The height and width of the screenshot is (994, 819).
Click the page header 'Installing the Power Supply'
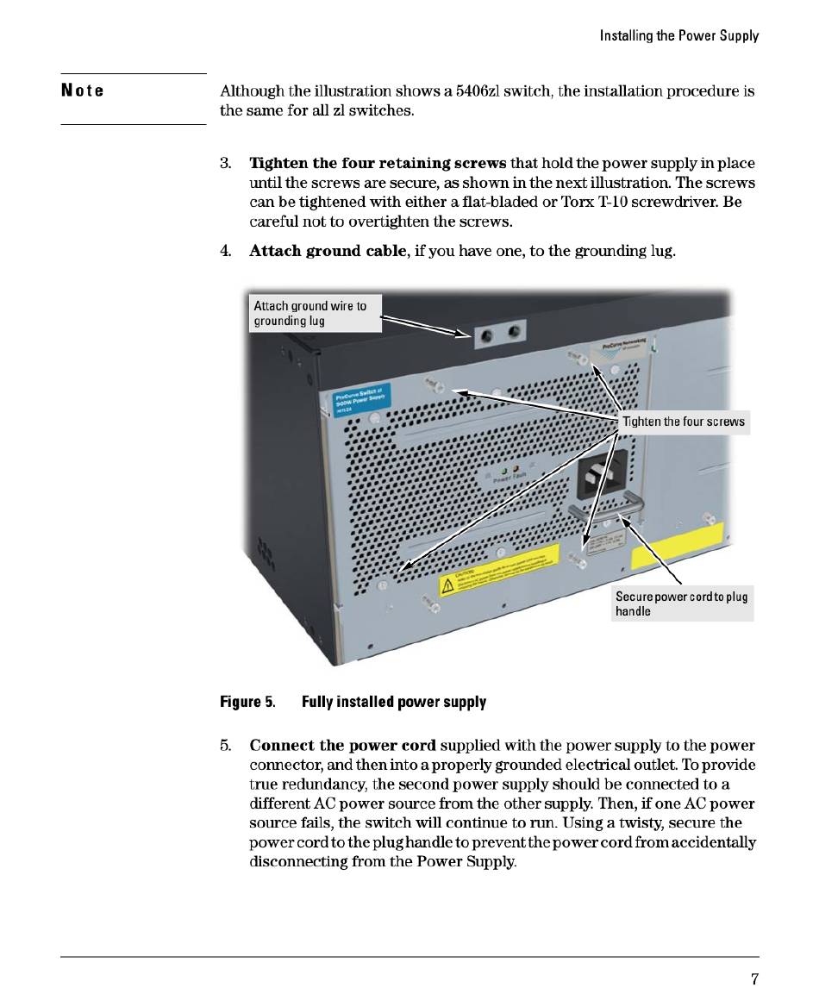click(680, 35)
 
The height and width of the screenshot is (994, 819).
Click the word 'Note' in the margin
click(83, 91)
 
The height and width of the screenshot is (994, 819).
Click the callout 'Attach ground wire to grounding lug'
click(315, 313)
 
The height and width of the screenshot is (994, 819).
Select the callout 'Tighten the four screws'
click(684, 422)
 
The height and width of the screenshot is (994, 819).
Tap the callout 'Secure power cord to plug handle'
click(681, 603)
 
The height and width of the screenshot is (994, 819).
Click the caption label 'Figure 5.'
click(247, 702)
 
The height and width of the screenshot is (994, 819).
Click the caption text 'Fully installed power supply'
click(393, 702)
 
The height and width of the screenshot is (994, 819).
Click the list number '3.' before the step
click(225, 163)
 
